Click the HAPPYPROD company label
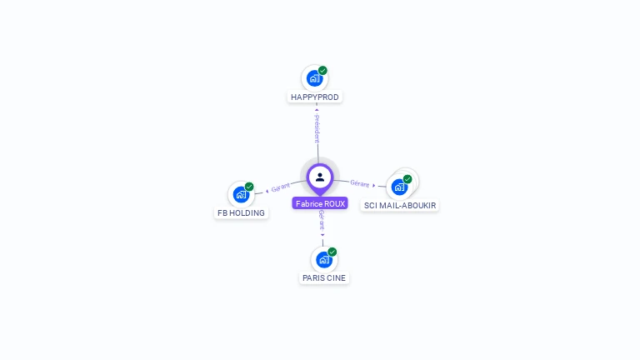pos(315,97)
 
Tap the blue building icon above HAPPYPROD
pos(314,78)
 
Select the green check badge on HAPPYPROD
pos(322,71)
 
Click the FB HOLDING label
pos(241,212)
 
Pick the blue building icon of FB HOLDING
pos(241,194)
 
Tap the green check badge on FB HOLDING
pos(249,187)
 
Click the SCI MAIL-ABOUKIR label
pos(400,205)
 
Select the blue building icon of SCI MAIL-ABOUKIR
pos(399,187)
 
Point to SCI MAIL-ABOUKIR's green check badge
pos(407,179)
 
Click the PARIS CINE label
pos(324,277)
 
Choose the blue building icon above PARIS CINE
pos(324,259)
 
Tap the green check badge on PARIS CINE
pos(332,252)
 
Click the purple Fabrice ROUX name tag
pos(320,203)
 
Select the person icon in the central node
pos(320,177)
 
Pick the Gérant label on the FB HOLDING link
pos(280,188)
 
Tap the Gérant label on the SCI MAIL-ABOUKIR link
pos(360,183)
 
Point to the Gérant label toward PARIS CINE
pos(321,221)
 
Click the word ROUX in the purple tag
pos(334,203)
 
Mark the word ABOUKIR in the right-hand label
pos(417,205)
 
